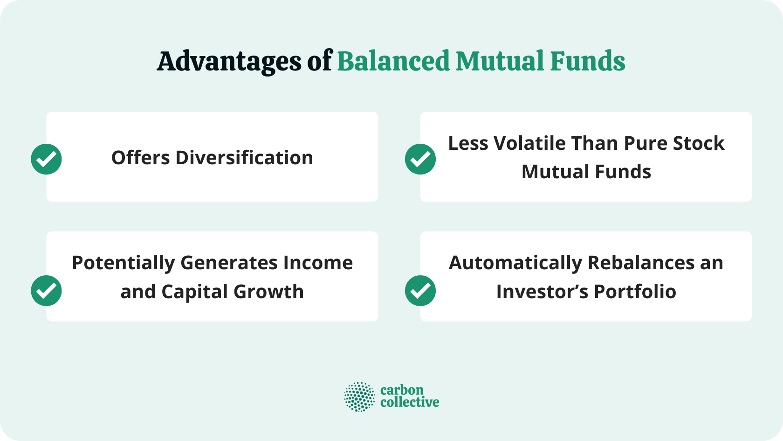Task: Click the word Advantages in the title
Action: (229, 62)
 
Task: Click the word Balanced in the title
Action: (393, 62)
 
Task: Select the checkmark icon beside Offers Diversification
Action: (46, 159)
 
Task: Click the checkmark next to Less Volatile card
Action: (420, 159)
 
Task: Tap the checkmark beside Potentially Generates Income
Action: (46, 291)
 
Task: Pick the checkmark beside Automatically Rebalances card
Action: (420, 291)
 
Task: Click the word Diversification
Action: (244, 158)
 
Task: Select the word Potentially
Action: (123, 263)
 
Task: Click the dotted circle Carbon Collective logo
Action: (359, 397)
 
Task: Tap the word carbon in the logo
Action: (402, 390)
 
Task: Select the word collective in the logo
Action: (409, 402)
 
